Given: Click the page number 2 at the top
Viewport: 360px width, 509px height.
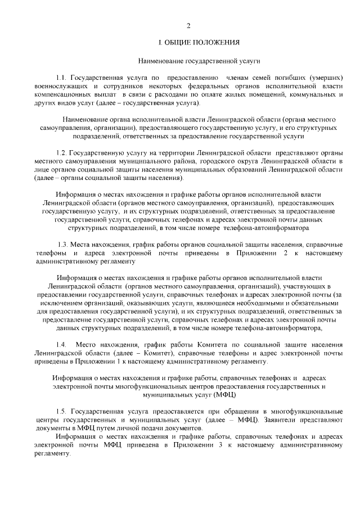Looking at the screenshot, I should (x=188, y=25).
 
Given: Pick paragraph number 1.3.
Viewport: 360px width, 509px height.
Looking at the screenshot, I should (x=64, y=245).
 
